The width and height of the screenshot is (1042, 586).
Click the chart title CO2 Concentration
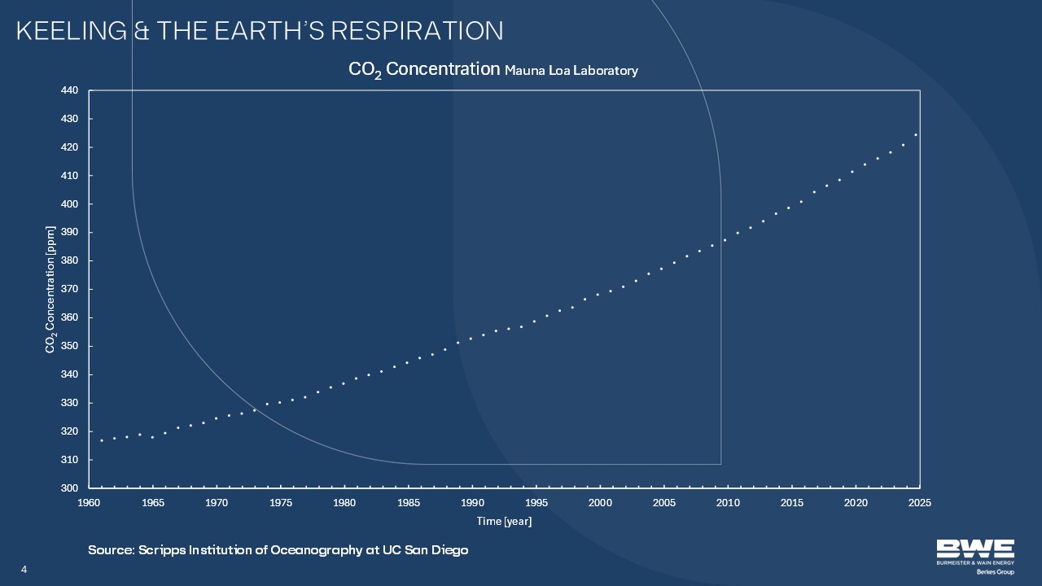424,69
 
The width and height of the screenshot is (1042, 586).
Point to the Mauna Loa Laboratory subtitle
571,71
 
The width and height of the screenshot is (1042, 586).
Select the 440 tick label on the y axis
69,90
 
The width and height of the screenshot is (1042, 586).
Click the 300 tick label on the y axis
69,488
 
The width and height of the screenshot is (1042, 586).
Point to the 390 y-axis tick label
69,233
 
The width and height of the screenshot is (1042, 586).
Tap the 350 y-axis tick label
69,346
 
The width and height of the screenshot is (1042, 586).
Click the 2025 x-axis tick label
919,503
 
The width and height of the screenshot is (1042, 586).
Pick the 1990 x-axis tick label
472,503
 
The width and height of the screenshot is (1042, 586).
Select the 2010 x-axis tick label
728,503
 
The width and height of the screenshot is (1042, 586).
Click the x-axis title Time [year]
504,521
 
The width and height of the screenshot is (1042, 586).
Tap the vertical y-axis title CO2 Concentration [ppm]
50,289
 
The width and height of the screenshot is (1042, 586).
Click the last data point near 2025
916,134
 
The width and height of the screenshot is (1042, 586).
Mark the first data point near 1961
102,440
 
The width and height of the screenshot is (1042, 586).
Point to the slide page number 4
24,568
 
